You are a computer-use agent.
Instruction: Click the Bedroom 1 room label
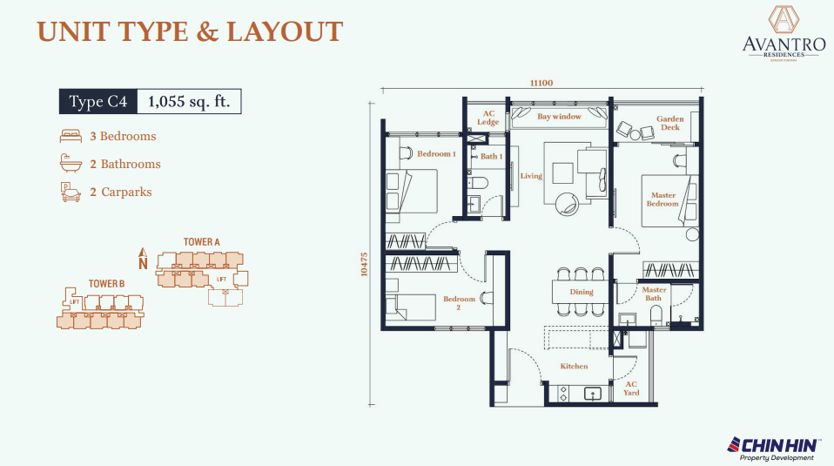pos(436,154)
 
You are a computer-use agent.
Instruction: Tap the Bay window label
pos(558,117)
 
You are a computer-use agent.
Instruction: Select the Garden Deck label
pos(669,123)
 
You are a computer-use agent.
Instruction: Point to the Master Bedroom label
pos(662,199)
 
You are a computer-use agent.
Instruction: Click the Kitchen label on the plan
pos(575,367)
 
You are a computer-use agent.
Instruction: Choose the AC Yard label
pos(631,388)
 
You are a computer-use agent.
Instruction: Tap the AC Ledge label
pos(488,118)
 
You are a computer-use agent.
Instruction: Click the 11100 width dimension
pos(541,83)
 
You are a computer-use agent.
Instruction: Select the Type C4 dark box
pos(98,102)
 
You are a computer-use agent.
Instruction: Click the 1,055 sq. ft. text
pos(189,102)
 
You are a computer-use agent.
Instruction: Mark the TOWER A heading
pos(201,241)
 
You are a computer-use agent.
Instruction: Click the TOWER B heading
pos(106,284)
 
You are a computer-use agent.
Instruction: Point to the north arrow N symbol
pos(144,259)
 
